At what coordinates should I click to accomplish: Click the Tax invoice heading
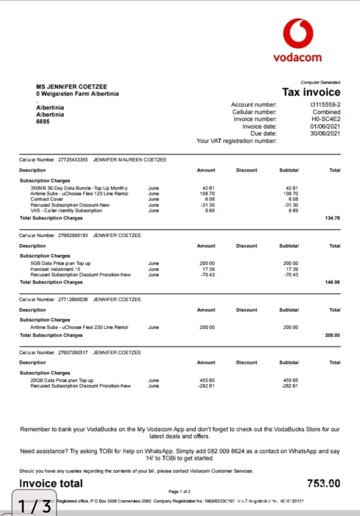311,92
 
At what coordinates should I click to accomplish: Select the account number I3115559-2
325,105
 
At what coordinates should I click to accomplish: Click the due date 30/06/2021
325,134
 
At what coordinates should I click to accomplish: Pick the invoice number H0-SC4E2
326,119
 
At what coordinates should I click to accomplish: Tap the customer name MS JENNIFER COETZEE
72,87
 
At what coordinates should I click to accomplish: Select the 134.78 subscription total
333,218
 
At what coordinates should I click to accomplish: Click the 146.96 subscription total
333,282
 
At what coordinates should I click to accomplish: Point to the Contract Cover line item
46,199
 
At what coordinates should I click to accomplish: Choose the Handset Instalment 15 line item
56,269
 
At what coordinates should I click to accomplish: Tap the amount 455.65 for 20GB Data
206,380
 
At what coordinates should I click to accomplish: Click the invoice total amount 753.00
323,483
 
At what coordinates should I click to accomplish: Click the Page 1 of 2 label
180,492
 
